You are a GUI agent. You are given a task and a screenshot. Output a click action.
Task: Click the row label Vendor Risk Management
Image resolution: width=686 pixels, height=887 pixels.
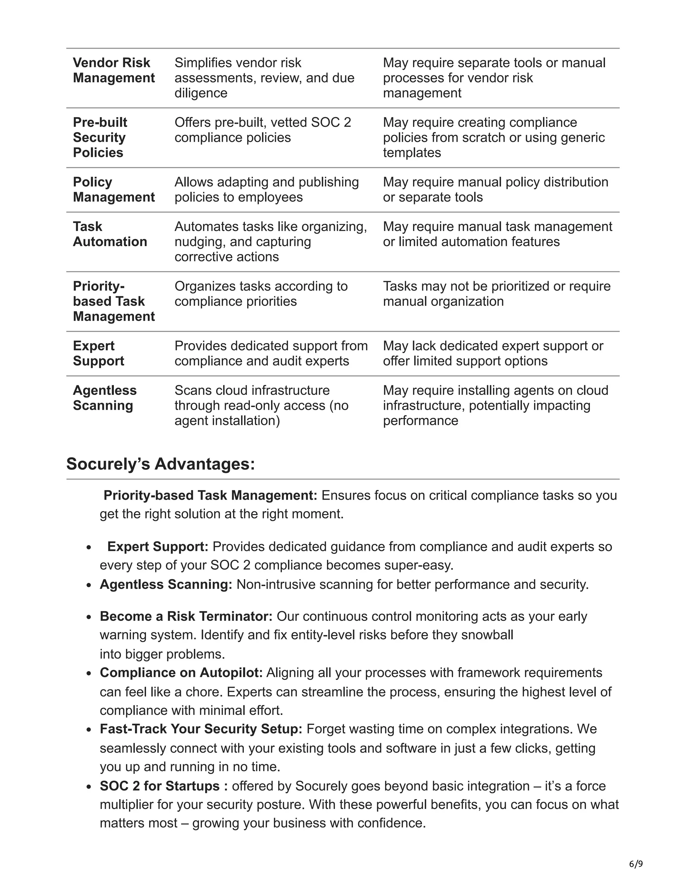[114, 70]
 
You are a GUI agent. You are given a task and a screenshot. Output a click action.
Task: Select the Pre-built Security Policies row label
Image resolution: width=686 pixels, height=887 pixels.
[99, 137]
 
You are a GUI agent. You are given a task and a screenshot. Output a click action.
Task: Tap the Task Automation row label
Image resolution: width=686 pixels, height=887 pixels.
[110, 234]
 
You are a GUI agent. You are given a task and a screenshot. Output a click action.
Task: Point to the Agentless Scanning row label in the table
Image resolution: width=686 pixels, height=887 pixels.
[105, 398]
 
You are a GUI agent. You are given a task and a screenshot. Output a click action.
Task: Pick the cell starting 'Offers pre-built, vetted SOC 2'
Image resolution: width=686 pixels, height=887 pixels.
[263, 130]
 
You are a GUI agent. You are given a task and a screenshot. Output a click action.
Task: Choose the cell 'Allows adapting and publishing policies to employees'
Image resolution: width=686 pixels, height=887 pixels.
[267, 189]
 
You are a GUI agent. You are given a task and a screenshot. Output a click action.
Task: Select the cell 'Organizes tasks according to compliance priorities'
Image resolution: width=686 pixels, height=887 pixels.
[261, 293]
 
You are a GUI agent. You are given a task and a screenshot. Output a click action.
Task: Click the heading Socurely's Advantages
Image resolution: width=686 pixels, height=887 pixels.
[160, 464]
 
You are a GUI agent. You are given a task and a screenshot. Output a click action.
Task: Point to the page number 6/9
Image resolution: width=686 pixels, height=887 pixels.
[636, 864]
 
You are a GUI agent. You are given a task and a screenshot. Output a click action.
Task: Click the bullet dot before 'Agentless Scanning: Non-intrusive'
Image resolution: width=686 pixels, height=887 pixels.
[88, 585]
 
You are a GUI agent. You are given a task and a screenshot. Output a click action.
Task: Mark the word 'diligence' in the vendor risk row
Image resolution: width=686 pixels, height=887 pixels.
[201, 93]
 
